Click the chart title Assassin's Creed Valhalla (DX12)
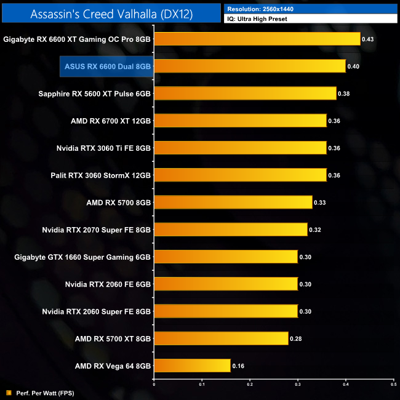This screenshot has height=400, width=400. tap(111, 14)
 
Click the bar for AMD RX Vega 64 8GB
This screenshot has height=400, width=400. tap(192, 366)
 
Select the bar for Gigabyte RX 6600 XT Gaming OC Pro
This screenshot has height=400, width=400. tap(257, 39)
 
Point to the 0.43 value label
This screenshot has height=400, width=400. tap(368, 39)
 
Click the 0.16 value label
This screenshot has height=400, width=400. tap(238, 366)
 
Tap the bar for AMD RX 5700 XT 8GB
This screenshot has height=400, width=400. tap(221, 338)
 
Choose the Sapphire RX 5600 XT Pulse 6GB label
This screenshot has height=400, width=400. tap(95, 94)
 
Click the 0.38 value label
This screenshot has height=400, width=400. tap(344, 94)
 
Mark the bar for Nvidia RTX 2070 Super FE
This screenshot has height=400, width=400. tap(230, 230)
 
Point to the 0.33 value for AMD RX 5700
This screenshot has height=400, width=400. tap(320, 202)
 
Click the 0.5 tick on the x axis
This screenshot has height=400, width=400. tap(393, 386)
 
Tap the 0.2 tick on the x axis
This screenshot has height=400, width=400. tap(249, 386)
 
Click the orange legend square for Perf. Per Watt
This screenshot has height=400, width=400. tap(9, 392)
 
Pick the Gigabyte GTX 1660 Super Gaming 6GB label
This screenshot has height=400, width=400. tap(82, 257)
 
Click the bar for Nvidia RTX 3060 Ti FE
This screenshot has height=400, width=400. tap(240, 148)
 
